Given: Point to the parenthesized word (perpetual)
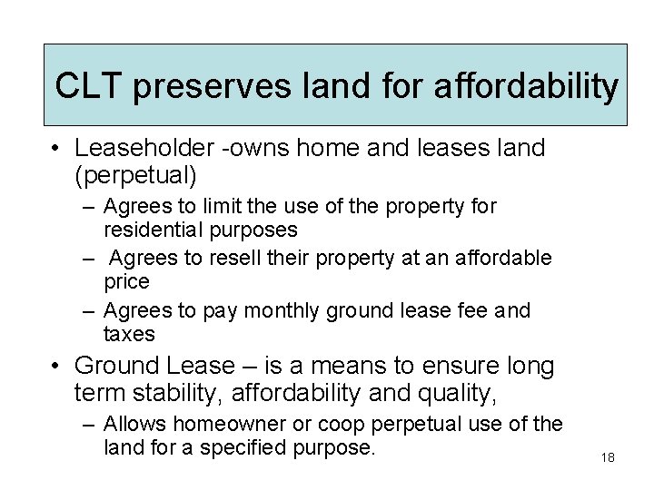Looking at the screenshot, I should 136,172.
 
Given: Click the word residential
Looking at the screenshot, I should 150,230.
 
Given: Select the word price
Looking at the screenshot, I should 126,281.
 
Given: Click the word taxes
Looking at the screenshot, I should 129,334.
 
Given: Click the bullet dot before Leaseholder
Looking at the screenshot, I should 56,148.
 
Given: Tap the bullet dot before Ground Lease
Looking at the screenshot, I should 56,366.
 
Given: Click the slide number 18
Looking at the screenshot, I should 608,457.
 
